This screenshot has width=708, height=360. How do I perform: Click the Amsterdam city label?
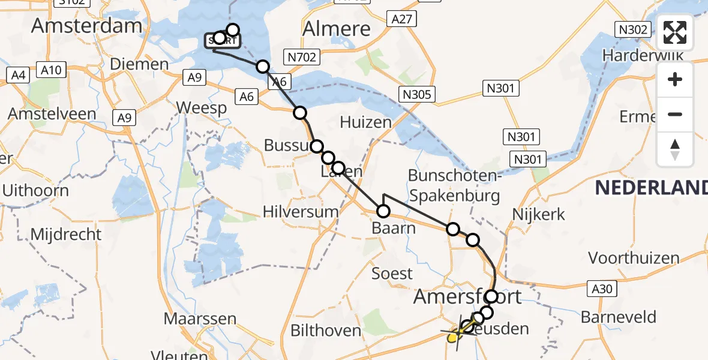[87, 26]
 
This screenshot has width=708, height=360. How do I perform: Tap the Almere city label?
[336, 28]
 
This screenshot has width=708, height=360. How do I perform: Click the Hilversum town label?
[301, 212]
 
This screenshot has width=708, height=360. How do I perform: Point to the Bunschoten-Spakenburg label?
[454, 185]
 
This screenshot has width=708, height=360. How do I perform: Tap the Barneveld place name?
[622, 317]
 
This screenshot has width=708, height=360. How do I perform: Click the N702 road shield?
[302, 57]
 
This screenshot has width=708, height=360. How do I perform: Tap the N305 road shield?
[417, 94]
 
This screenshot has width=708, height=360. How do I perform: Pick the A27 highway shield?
[401, 19]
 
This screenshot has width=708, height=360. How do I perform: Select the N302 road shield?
[634, 29]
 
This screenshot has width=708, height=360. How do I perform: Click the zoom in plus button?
[675, 79]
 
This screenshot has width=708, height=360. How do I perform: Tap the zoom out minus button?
[675, 114]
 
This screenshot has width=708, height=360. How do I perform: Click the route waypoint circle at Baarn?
[383, 211]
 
